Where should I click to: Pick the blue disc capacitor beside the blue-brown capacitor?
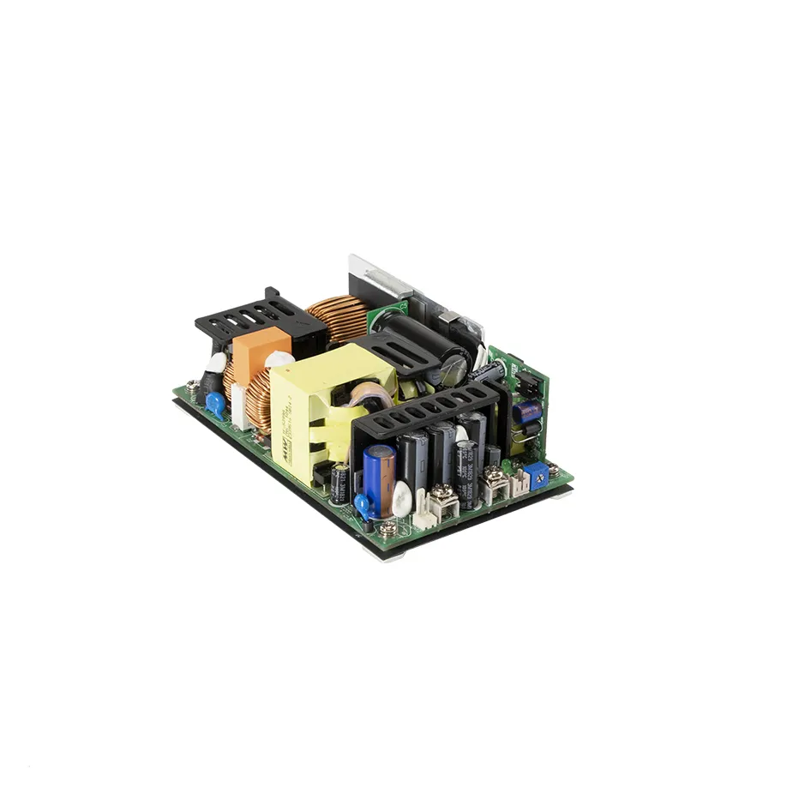tap(362, 508)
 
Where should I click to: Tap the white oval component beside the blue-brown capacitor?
tap(401, 497)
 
